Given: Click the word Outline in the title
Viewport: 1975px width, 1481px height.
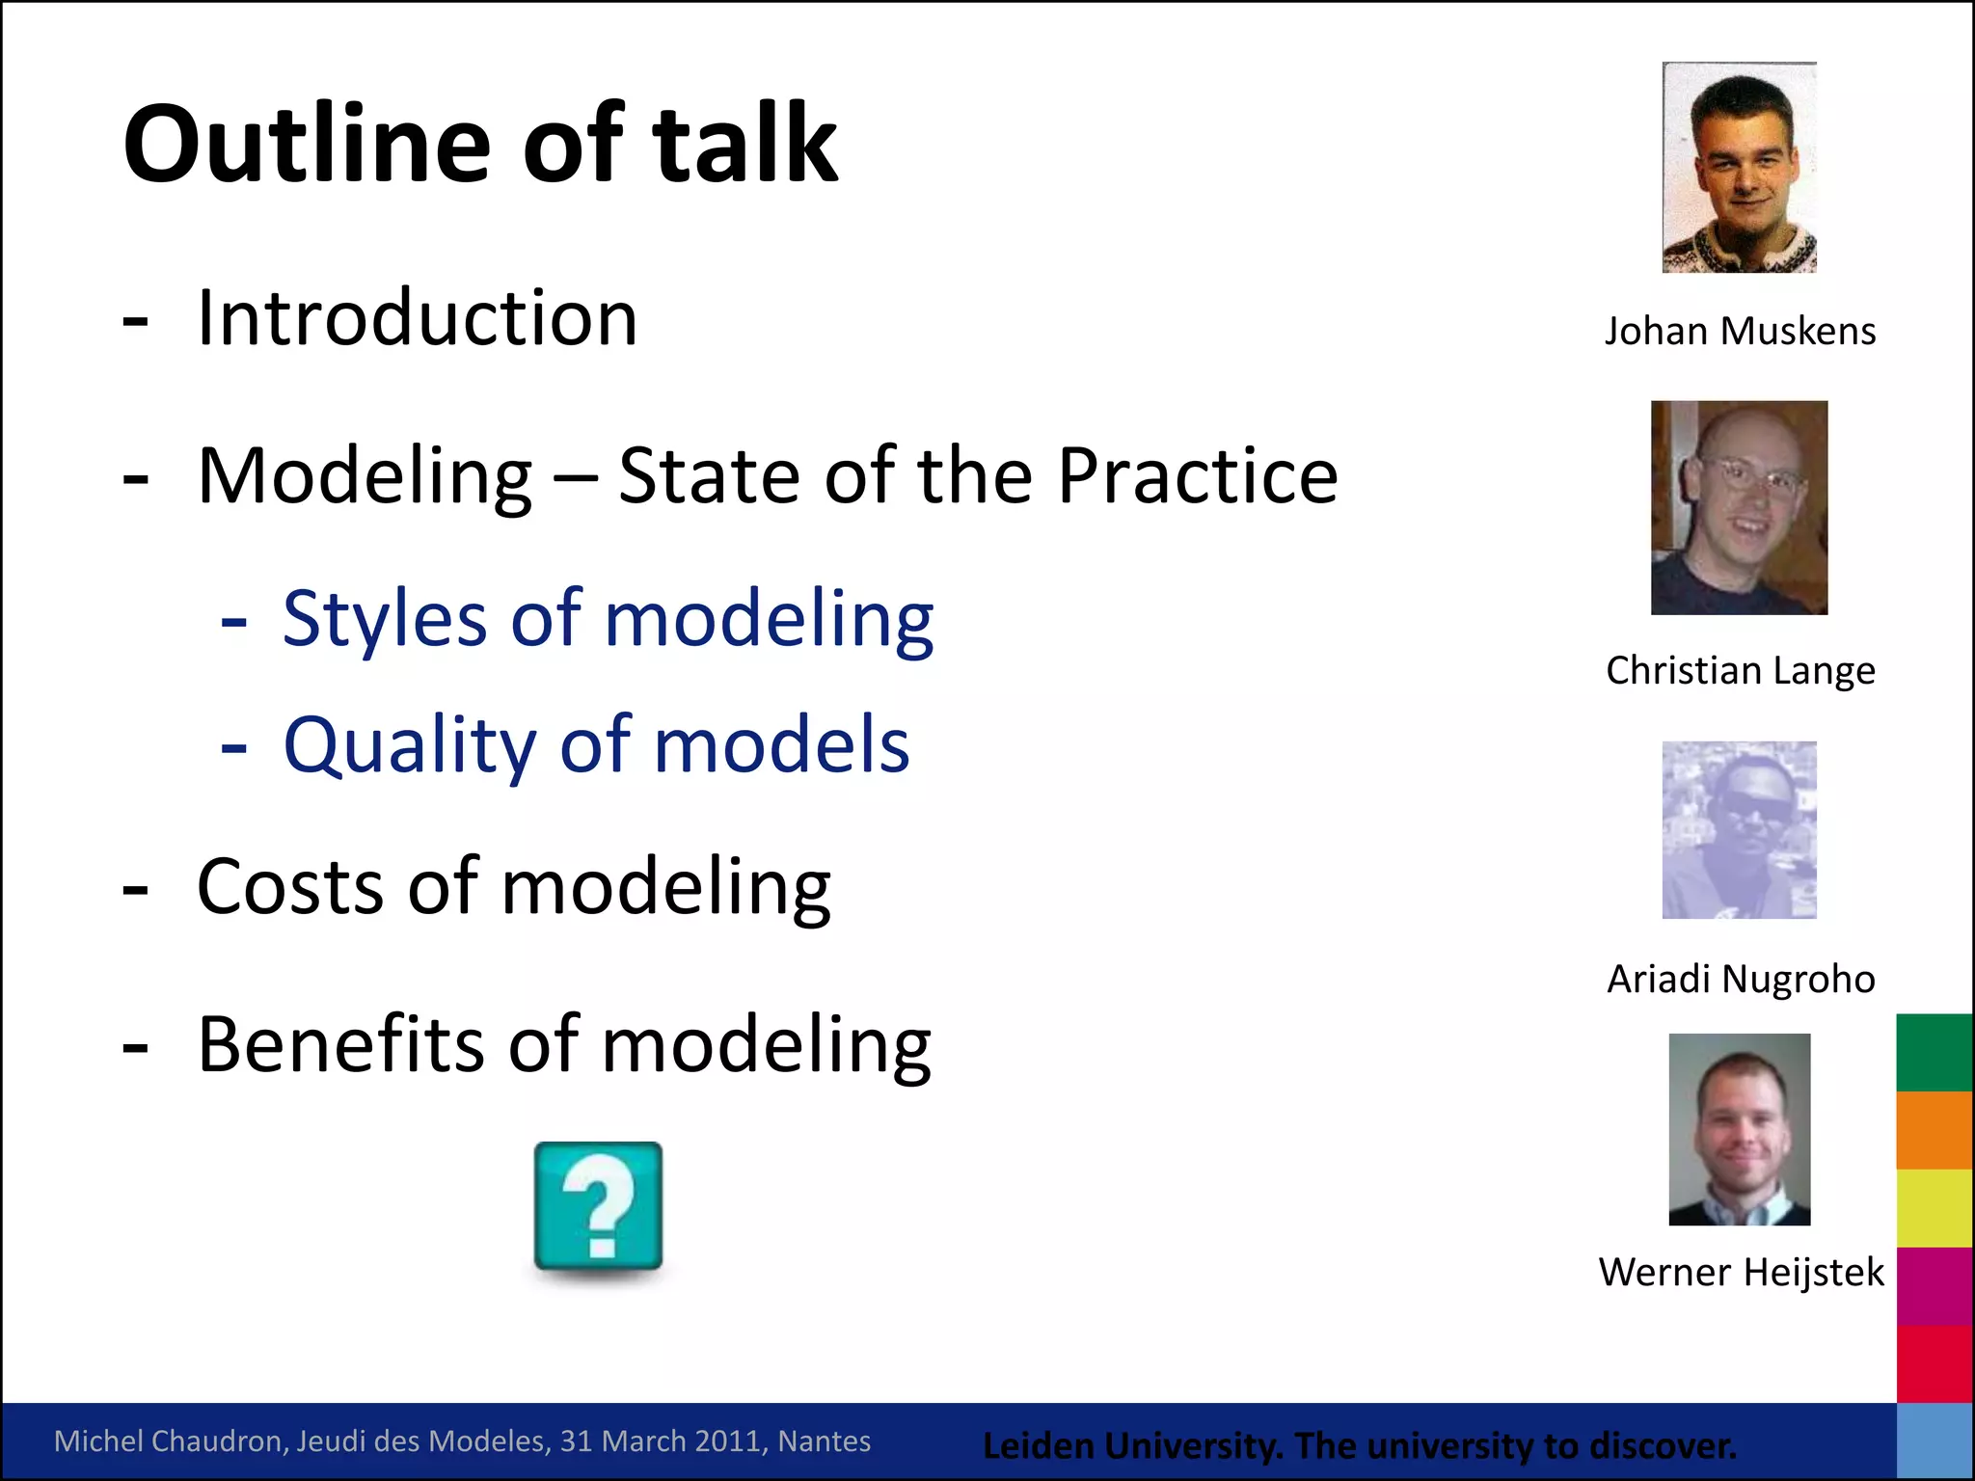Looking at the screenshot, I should click(307, 145).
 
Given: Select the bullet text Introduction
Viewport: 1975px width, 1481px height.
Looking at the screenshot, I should click(417, 318).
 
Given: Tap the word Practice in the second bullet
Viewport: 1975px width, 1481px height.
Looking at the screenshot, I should click(1198, 476).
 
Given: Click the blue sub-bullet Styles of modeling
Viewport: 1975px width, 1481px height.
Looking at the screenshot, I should click(608, 619).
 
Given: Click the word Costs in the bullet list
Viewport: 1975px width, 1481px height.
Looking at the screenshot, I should click(289, 887).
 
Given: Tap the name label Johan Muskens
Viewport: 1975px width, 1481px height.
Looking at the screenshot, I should click(1740, 332).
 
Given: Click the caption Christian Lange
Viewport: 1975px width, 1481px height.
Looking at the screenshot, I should click(1740, 671).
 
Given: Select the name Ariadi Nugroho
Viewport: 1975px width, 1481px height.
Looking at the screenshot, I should click(1740, 980).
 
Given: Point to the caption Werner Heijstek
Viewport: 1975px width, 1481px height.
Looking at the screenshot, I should click(1740, 1273).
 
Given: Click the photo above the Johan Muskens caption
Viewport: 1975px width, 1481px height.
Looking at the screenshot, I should click(1739, 168).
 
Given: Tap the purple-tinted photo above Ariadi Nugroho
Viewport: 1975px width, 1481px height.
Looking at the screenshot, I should click(1739, 830).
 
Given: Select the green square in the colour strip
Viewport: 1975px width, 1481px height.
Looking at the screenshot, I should click(1934, 1053).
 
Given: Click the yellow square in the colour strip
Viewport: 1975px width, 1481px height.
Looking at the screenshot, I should click(1934, 1208).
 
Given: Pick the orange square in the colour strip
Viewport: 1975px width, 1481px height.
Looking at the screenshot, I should click(1934, 1130).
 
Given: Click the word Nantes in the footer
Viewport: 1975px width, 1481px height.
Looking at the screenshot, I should click(824, 1441).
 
